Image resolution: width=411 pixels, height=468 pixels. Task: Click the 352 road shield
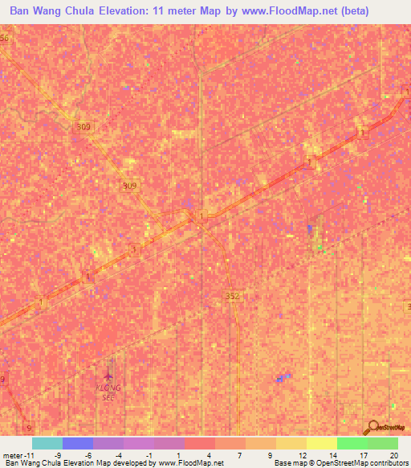point(232,296)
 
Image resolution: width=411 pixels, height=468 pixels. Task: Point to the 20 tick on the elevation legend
point(393,454)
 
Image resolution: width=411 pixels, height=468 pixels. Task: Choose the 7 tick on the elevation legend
point(239,454)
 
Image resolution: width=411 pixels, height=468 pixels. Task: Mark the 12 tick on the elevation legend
point(301,454)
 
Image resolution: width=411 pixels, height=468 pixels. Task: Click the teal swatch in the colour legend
point(47,443)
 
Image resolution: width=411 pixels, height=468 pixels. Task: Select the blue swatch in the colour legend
point(78,443)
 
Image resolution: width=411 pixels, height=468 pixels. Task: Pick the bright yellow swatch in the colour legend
point(322,443)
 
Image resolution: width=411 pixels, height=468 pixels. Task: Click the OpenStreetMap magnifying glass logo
point(373,428)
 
